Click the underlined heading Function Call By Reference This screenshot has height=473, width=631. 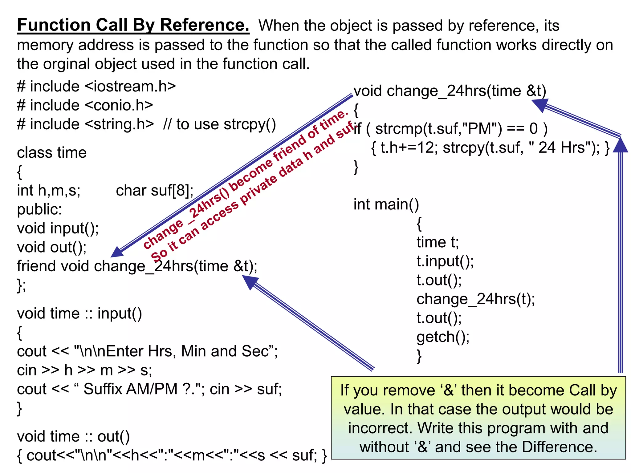click(x=133, y=25)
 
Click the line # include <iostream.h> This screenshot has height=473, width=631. click(x=96, y=87)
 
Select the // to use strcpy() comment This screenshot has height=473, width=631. click(x=219, y=124)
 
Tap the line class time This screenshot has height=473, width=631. click(x=52, y=153)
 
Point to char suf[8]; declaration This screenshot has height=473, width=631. click(x=155, y=191)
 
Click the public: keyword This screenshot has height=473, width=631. click(x=39, y=210)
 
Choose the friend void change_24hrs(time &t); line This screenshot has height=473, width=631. click(x=137, y=266)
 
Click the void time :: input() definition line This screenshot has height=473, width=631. click(x=79, y=314)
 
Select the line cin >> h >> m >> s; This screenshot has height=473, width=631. click(x=84, y=370)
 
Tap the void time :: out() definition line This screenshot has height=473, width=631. click(x=73, y=437)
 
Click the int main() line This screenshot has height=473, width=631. click(x=386, y=204)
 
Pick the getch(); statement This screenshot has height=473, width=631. click(x=443, y=337)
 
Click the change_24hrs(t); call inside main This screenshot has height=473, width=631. click(x=476, y=299)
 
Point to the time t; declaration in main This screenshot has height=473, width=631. click(x=438, y=242)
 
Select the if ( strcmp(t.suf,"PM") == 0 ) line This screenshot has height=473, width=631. click(x=450, y=129)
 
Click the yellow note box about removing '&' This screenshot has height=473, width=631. click(x=478, y=418)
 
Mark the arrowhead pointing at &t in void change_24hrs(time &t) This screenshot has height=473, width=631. click(x=539, y=105)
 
